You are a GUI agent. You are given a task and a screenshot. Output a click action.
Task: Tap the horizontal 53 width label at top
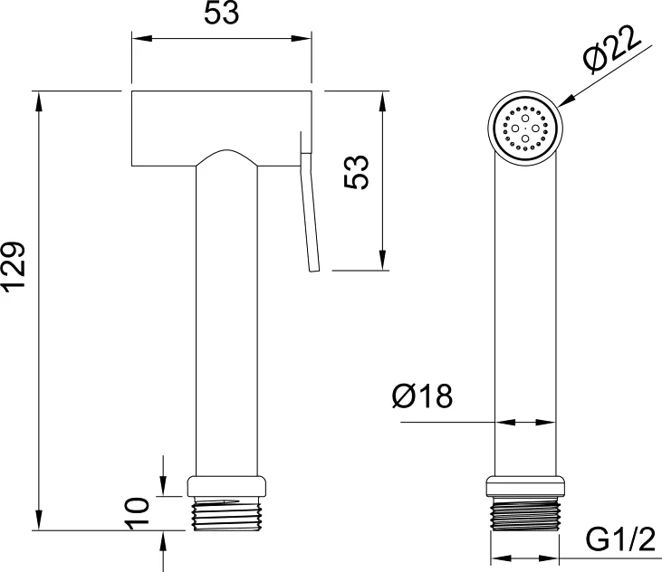[x=221, y=13]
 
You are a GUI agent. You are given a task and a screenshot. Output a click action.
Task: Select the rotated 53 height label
[x=356, y=172]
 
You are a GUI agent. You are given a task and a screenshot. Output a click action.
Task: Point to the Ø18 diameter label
[x=422, y=396]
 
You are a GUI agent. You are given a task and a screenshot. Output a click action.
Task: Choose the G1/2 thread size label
[x=620, y=539]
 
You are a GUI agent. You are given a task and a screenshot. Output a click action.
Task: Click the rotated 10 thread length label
[x=138, y=511]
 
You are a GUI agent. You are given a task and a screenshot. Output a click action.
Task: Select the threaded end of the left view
[x=226, y=513]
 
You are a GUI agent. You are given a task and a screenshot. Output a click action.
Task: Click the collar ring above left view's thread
[x=226, y=486]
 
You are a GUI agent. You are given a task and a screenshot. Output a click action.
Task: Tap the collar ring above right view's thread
[x=524, y=486]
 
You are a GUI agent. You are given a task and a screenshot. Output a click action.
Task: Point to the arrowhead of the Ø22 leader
[x=567, y=100]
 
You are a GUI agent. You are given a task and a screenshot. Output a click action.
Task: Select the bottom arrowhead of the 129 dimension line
[x=39, y=519]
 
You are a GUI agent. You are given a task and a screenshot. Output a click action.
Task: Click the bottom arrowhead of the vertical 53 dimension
[x=382, y=258]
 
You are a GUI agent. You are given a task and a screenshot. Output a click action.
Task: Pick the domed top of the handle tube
[x=226, y=156]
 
